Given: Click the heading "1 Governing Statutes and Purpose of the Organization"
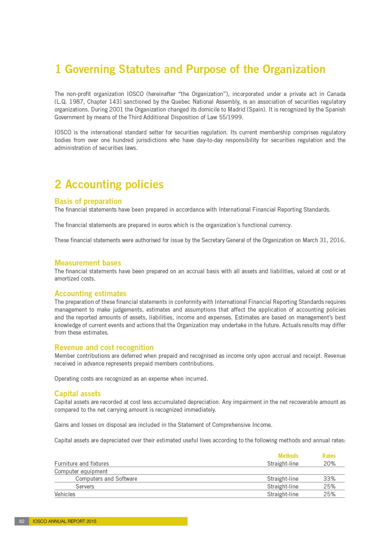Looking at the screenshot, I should click(x=190, y=69).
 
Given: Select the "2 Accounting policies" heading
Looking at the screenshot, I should click(x=109, y=185).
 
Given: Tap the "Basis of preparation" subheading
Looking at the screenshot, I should click(x=88, y=201).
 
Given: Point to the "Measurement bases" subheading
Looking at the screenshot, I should click(x=88, y=263).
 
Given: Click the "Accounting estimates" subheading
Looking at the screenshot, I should click(x=90, y=293).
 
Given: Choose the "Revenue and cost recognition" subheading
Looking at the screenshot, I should click(x=104, y=347).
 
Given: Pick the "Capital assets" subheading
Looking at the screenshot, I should click(x=78, y=393).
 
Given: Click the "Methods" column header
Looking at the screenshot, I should click(x=288, y=456).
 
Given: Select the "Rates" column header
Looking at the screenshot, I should click(x=328, y=456).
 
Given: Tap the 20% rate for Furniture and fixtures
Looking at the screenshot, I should click(x=329, y=464).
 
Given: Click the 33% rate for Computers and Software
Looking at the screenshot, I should click(x=329, y=479).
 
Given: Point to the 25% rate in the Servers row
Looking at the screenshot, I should click(x=329, y=486).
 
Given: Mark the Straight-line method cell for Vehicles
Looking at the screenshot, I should click(x=283, y=494).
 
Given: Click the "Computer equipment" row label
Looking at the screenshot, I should click(x=81, y=471).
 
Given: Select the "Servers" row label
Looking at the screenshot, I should click(x=85, y=486).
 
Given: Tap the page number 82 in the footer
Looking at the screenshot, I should click(x=22, y=521).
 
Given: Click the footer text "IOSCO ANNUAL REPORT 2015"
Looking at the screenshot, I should click(x=65, y=521).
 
